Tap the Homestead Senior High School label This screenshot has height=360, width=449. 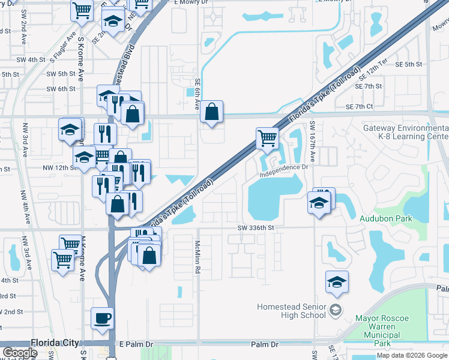[291, 310]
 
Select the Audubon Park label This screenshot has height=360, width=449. [385, 219]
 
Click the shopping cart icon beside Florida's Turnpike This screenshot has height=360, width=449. [267, 137]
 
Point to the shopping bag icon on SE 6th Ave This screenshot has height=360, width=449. [211, 111]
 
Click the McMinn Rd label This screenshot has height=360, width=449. [197, 257]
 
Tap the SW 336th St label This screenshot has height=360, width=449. [255, 228]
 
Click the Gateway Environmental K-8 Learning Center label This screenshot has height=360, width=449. [405, 133]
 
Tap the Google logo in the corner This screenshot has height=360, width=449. [20, 353]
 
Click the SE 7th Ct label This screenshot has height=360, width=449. [359, 107]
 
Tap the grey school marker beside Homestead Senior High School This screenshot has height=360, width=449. [335, 310]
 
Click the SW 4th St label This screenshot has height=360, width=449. [31, 60]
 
